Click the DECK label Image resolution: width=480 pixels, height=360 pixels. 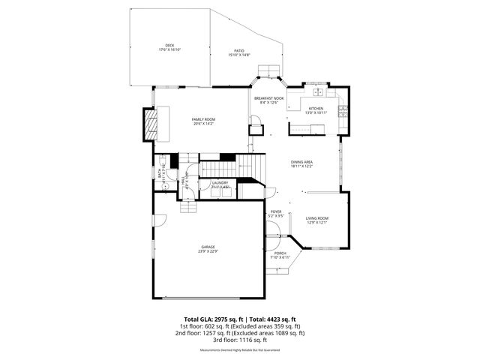[169, 45]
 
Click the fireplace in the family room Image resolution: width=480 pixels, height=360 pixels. [152, 124]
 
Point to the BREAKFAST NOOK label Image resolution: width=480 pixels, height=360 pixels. [268, 99]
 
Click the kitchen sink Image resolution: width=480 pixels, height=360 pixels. [318, 92]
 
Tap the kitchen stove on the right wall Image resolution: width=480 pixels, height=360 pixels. [343, 112]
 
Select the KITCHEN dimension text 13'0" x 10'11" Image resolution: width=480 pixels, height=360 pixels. [316, 112]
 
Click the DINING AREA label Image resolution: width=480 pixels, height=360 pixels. [302, 162]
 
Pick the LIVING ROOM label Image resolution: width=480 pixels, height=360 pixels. [316, 218]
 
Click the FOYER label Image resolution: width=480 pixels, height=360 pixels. [276, 212]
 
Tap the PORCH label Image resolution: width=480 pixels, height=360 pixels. [280, 253]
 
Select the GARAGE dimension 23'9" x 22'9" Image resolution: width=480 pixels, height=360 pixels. [208, 251]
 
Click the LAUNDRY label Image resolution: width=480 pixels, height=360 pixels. [220, 182]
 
